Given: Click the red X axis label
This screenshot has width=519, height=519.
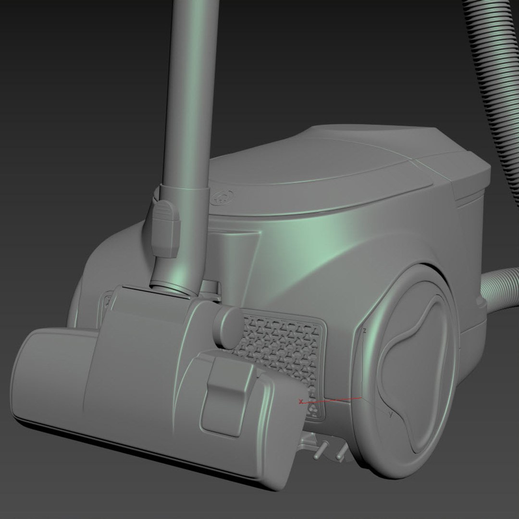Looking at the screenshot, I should (x=301, y=402).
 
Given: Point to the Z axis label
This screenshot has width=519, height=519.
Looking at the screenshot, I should (x=365, y=332).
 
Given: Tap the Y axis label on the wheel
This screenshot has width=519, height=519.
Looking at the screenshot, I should (x=391, y=414).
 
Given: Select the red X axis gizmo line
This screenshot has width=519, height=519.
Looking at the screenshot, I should (x=332, y=400).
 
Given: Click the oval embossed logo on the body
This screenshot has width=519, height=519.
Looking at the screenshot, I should (x=224, y=197).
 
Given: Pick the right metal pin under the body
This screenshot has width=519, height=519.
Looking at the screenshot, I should (x=341, y=452).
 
